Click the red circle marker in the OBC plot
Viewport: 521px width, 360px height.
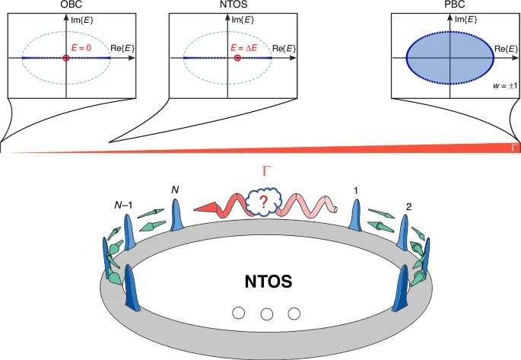coord(67,58)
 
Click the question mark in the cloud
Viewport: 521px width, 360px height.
coord(264,203)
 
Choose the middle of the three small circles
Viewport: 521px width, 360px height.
coord(266,314)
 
